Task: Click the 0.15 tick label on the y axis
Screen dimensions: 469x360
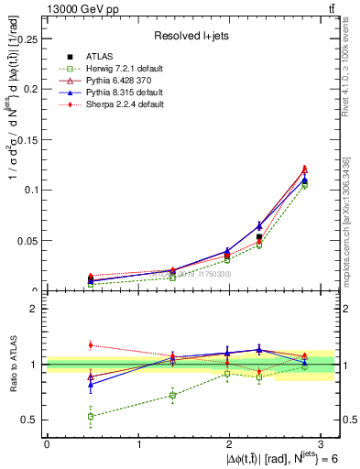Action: pyautogui.click(x=28, y=139)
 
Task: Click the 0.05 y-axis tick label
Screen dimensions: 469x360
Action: pyautogui.click(x=28, y=241)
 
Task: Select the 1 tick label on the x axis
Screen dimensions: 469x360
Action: pyautogui.click(x=138, y=443)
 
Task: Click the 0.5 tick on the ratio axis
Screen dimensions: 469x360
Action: pyautogui.click(x=32, y=420)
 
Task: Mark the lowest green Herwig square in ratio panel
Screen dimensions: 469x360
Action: pyautogui.click(x=90, y=416)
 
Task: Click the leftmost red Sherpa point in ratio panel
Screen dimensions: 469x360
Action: pyautogui.click(x=90, y=345)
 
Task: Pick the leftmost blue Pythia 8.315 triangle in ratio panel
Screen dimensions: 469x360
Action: pyautogui.click(x=90, y=385)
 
